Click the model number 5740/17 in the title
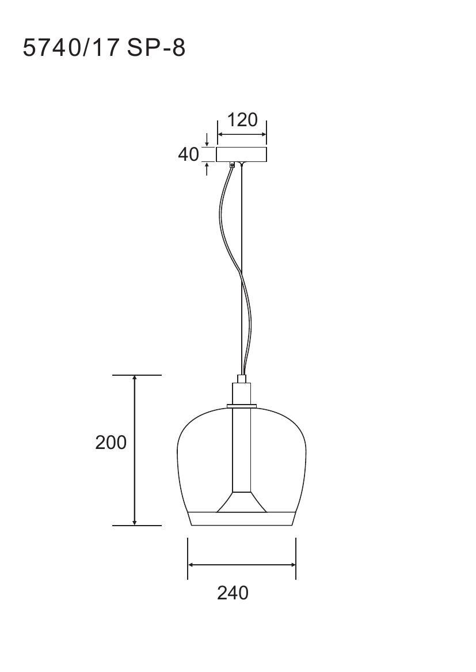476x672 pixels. click(x=71, y=47)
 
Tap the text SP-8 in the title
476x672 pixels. click(x=156, y=48)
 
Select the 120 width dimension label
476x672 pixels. click(x=242, y=120)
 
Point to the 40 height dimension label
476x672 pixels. click(x=189, y=154)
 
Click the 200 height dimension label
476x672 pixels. click(x=111, y=442)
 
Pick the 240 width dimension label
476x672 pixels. click(x=233, y=592)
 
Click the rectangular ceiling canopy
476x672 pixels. click(x=241, y=154)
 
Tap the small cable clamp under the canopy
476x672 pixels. click(x=233, y=165)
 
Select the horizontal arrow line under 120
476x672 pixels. click(x=242, y=134)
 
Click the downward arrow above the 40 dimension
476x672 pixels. click(x=207, y=139)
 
